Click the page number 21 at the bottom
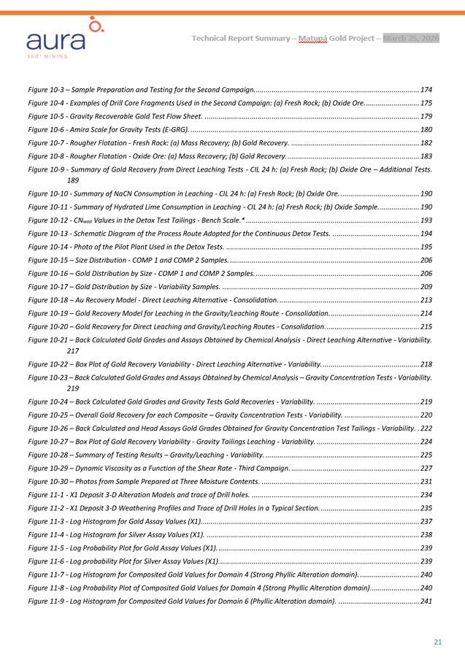click(438, 642)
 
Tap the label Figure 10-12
click(48, 220)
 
